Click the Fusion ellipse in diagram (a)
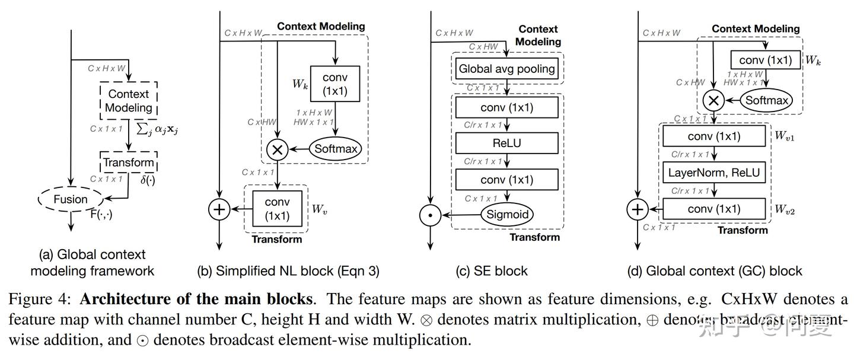pyautogui.click(x=71, y=200)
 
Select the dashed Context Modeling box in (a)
pyautogui.click(x=129, y=101)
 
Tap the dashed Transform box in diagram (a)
pyautogui.click(x=129, y=163)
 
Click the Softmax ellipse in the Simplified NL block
pyautogui.click(x=335, y=148)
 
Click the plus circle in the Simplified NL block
pyautogui.click(x=219, y=209)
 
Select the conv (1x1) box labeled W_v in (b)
pyautogui.click(x=278, y=209)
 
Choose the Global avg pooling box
pyautogui.click(x=506, y=68)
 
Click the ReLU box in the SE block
pyautogui.click(x=506, y=143)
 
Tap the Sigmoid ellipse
pyautogui.click(x=506, y=214)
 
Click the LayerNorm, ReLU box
pyautogui.click(x=714, y=173)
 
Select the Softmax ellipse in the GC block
pyautogui.click(x=767, y=100)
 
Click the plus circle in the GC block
pyautogui.click(x=638, y=209)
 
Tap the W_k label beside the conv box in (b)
pyautogui.click(x=299, y=84)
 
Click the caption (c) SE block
pyautogui.click(x=492, y=271)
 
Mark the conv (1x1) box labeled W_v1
pyautogui.click(x=714, y=136)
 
